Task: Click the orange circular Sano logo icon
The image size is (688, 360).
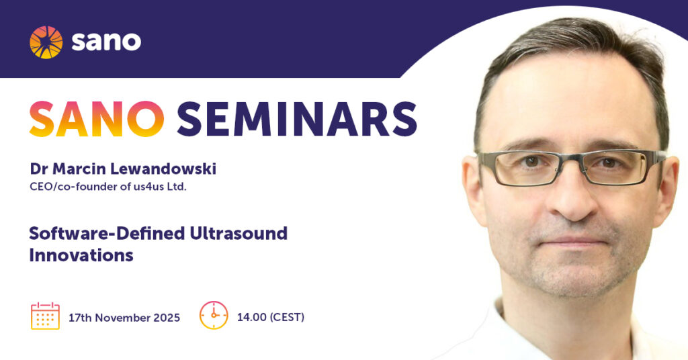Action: (46, 42)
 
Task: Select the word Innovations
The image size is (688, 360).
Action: (81, 255)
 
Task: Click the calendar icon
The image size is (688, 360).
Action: (45, 316)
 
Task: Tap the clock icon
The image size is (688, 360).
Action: (214, 315)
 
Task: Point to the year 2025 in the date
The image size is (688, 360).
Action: (167, 318)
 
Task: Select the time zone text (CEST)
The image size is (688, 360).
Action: (287, 317)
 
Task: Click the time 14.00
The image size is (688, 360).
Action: (252, 317)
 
